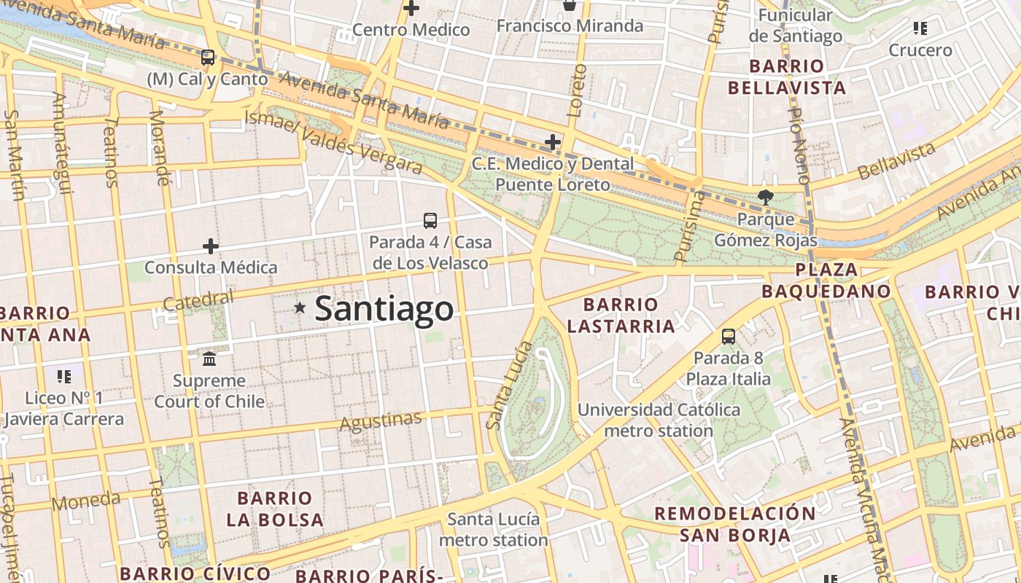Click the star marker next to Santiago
point(299,308)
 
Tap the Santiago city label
point(384,308)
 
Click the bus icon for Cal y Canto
point(208,58)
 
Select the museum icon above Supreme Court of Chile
point(209,359)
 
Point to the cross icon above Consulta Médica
point(211,246)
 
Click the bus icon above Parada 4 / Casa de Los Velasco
point(430,220)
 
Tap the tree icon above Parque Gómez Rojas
point(765,196)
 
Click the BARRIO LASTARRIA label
point(621,315)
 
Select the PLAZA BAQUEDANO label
point(826,281)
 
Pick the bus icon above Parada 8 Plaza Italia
point(728,336)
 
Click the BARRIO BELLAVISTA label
point(786,77)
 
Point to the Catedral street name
point(198,300)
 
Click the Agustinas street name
point(381,421)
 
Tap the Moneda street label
point(85,501)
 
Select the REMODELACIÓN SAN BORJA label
point(735,524)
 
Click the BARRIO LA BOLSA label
point(274,509)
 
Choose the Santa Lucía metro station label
point(494,530)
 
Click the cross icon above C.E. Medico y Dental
point(553,142)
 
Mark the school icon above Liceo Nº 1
point(64,377)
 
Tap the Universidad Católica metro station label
point(659,420)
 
